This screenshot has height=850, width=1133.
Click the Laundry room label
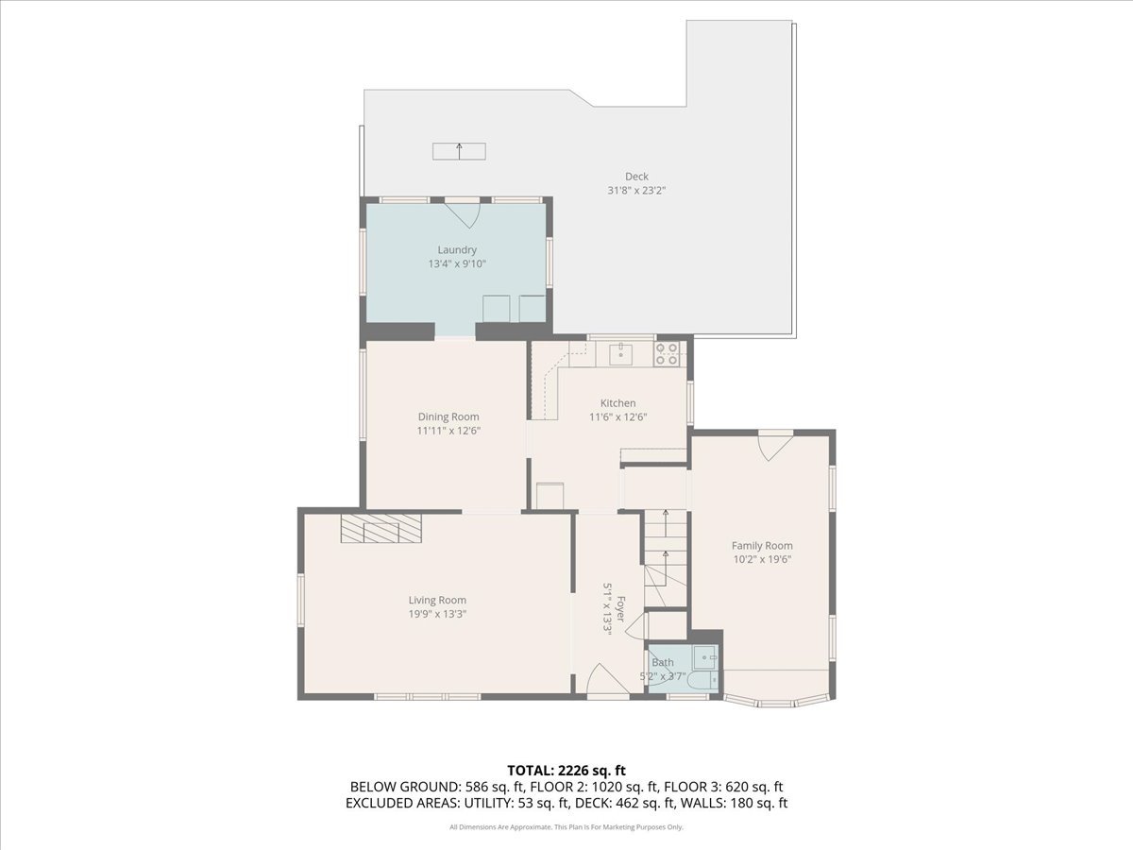click(x=457, y=250)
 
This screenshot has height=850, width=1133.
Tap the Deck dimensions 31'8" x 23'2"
click(x=636, y=190)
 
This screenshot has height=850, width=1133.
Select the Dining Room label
click(x=448, y=416)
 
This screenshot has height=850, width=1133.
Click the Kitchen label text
click(x=617, y=403)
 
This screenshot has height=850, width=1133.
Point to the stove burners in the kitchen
click(x=667, y=354)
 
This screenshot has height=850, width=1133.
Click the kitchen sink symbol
click(x=621, y=354)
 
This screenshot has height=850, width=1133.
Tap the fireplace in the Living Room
click(x=381, y=529)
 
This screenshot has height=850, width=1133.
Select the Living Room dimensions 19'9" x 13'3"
click(x=437, y=614)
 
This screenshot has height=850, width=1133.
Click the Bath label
click(x=663, y=663)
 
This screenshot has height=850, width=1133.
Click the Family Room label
click(x=762, y=545)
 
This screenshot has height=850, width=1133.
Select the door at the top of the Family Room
click(x=774, y=445)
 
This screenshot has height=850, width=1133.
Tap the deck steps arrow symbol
click(x=460, y=151)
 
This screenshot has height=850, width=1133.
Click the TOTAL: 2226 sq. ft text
click(x=566, y=770)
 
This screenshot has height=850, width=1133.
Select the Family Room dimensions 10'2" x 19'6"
click(x=762, y=559)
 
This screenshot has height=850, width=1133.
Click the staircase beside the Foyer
click(x=667, y=557)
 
